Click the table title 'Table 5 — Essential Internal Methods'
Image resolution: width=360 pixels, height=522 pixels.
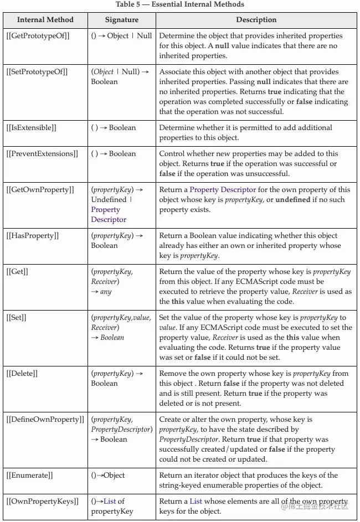tap(180, 4)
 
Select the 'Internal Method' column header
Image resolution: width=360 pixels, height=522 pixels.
tap(45, 20)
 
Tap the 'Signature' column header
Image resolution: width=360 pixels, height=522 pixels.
tap(122, 20)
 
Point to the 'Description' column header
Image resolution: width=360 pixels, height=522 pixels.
tap(256, 20)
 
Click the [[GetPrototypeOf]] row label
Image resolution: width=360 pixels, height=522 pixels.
tap(38, 36)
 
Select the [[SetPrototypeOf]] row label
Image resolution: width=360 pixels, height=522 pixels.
tap(38, 72)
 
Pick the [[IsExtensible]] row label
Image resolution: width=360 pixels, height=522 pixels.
tap(32, 128)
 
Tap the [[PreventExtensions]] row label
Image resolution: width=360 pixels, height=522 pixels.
tap(42, 154)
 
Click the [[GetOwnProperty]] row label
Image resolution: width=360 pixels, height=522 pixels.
tap(40, 190)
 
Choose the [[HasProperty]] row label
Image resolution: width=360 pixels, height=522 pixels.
tap(33, 236)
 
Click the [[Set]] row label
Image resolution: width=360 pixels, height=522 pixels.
tap(17, 318)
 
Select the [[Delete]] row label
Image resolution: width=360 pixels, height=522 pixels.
tap(22, 374)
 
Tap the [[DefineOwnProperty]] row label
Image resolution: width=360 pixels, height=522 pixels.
tap(45, 420)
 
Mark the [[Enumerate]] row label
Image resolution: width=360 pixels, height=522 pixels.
tap(30, 476)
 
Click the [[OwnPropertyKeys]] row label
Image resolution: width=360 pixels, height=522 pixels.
tap(42, 502)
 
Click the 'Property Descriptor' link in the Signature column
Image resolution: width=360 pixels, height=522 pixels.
tap(109, 215)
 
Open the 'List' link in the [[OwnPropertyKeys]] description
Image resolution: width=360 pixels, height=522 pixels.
tap(196, 502)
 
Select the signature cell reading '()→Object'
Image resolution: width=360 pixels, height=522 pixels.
tap(108, 476)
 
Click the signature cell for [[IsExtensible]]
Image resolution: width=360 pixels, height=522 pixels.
tap(114, 128)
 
